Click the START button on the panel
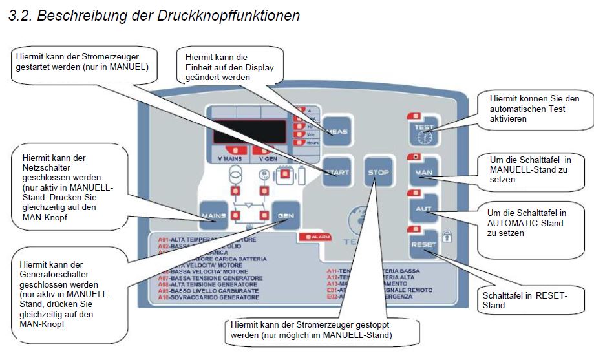click(x=337, y=172)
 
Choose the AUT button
click(x=423, y=209)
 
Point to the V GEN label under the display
click(x=269, y=158)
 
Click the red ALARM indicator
click(x=315, y=237)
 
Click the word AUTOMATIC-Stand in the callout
click(x=514, y=223)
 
